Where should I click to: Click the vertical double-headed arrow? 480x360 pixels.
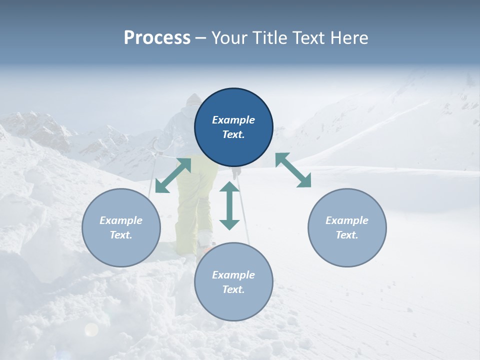[x=229, y=205]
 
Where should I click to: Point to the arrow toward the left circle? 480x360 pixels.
[x=173, y=175]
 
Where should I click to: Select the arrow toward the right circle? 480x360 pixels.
[x=293, y=170]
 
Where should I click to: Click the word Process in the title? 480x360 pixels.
[x=157, y=37]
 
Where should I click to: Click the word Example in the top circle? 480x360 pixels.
[x=233, y=120]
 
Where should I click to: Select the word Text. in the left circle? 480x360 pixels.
[x=121, y=235]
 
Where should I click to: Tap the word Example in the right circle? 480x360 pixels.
[x=347, y=220]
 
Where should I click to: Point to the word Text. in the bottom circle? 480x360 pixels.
[x=233, y=289]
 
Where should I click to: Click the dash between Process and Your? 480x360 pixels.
[x=200, y=37]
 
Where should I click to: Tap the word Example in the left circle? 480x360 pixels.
[x=121, y=220]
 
